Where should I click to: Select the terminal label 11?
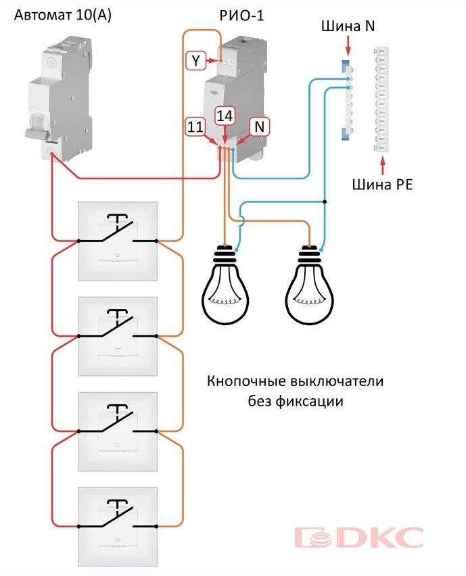pyautogui.click(x=195, y=126)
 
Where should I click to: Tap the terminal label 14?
pyautogui.click(x=225, y=116)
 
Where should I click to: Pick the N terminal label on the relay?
pyautogui.click(x=259, y=126)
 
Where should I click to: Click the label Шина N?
pyautogui.click(x=348, y=26)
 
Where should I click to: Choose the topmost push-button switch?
pyautogui.click(x=118, y=241)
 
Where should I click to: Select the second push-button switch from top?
pyautogui.click(x=118, y=336)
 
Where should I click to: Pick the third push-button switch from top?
pyautogui.click(x=118, y=431)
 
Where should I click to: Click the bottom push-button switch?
pyautogui.click(x=118, y=526)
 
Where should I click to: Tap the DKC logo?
pyautogui.click(x=358, y=538)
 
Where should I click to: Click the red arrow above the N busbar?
pyautogui.click(x=348, y=47)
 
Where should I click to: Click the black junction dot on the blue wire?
pyautogui.click(x=325, y=201)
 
